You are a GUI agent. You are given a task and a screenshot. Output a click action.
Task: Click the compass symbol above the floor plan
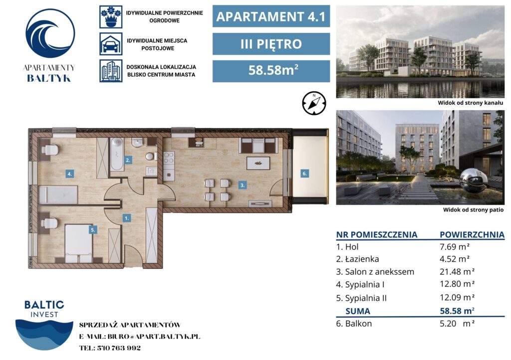[x=314, y=103]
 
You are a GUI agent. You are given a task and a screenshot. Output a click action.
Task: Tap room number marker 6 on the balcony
[x=304, y=174]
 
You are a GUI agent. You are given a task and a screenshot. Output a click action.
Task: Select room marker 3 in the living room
[x=242, y=185]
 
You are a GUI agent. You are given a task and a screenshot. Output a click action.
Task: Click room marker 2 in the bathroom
[x=128, y=160]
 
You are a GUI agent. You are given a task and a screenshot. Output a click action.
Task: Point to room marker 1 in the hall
[x=127, y=218]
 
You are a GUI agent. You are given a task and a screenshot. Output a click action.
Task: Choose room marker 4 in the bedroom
[x=69, y=174]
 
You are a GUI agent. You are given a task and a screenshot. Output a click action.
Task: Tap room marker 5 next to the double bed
[x=93, y=230]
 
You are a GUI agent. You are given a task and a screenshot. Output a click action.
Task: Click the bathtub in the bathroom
[x=117, y=154]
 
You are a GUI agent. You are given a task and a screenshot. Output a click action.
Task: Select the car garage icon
[x=111, y=44]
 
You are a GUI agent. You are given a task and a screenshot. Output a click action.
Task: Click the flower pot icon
[x=111, y=17]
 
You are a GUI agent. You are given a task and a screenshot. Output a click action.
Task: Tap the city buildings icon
[x=111, y=71]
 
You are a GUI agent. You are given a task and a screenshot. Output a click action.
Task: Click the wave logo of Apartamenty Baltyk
[x=50, y=33]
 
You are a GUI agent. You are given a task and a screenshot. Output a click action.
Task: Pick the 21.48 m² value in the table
[x=457, y=271]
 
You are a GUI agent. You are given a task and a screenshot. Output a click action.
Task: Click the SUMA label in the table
[x=357, y=311]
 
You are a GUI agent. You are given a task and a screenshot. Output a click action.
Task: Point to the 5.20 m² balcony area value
[x=457, y=324]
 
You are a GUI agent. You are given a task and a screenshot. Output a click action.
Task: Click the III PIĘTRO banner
[x=271, y=44]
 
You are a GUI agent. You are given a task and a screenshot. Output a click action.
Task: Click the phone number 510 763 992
[x=119, y=348]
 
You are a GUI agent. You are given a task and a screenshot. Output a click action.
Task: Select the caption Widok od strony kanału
[x=470, y=103]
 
